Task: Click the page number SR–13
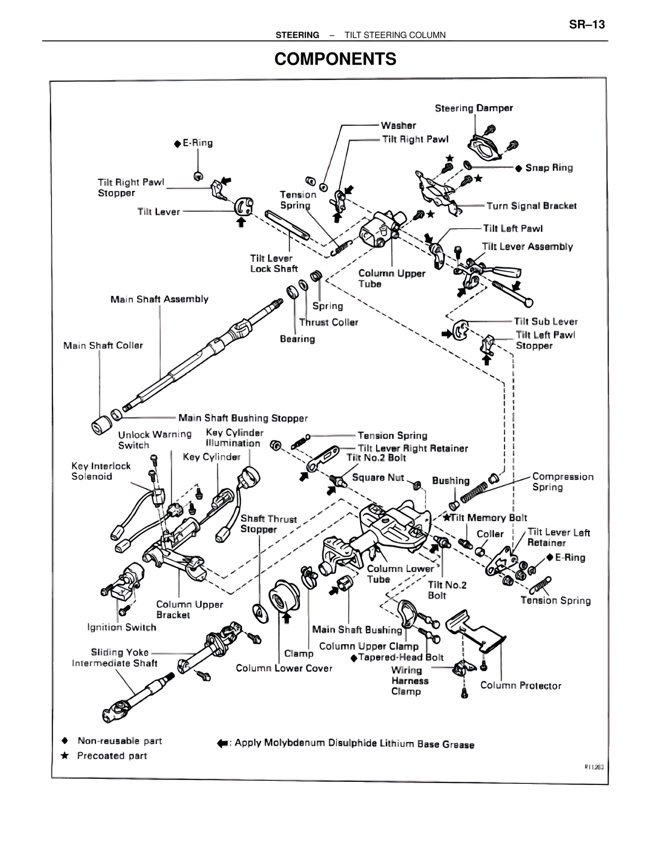coord(587,24)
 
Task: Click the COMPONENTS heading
coord(335,59)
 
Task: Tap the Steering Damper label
coord(473,108)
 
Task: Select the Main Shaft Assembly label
coord(159,299)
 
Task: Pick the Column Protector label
coord(520,685)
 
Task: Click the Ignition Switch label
coord(121,627)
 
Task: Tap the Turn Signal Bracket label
coord(531,206)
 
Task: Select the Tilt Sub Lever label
coord(545,322)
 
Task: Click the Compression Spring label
coord(562,482)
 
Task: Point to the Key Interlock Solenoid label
coord(101,471)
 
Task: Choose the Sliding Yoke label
coord(120,652)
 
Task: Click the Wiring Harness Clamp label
coord(406,681)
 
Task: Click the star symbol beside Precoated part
coord(65,755)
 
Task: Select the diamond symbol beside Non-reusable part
coord(65,741)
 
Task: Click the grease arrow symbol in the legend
coord(222,744)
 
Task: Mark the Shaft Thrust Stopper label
coord(268,524)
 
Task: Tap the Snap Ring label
coord(548,168)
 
